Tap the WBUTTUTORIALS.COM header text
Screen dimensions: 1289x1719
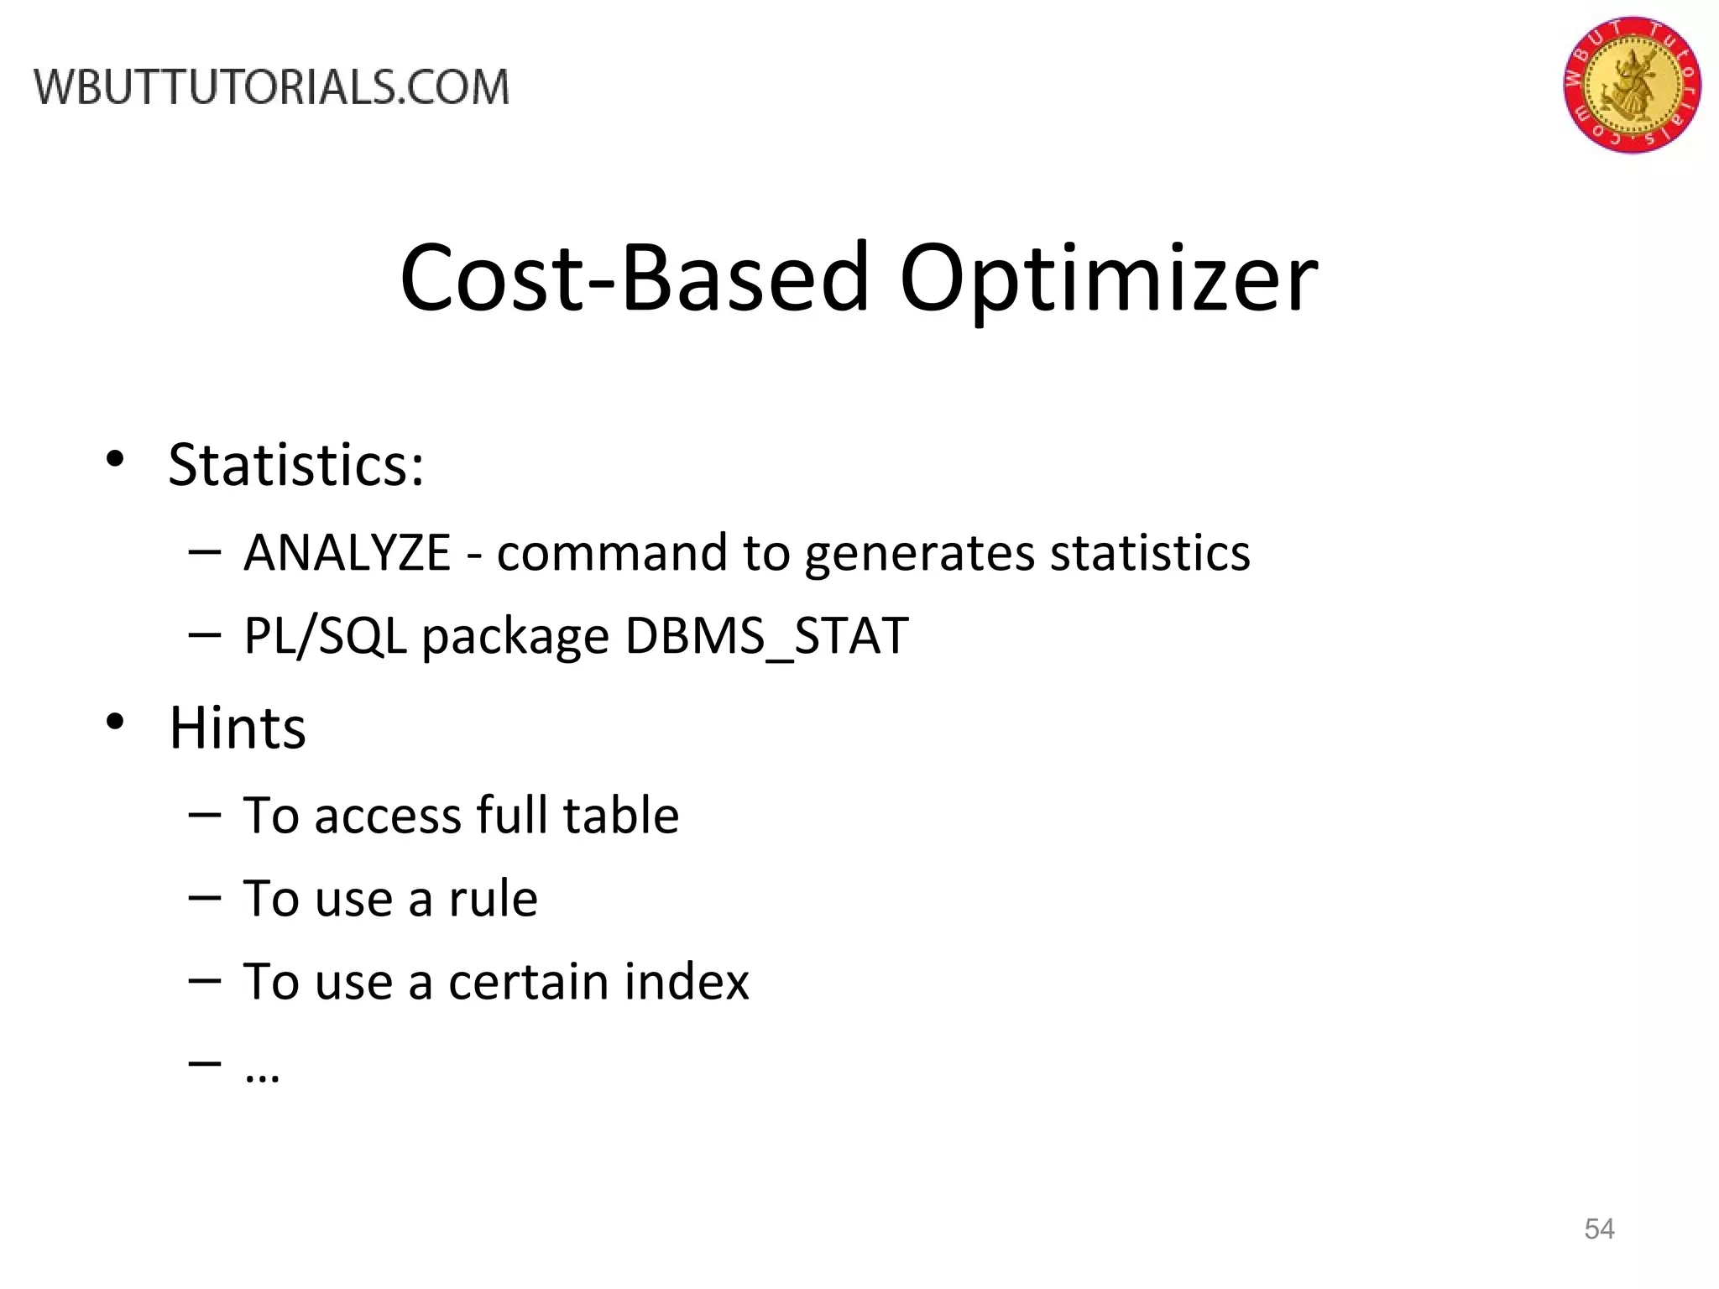(x=271, y=87)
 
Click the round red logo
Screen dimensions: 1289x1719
(x=1632, y=85)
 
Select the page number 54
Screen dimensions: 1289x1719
(x=1599, y=1229)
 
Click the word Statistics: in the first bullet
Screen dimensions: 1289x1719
(x=296, y=464)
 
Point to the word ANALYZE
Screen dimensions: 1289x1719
(x=347, y=553)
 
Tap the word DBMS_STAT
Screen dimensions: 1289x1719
(x=766, y=636)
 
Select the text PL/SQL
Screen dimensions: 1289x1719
(x=325, y=636)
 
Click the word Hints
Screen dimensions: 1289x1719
(x=238, y=727)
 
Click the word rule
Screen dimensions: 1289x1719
(x=493, y=899)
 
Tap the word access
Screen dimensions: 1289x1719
(x=386, y=817)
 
